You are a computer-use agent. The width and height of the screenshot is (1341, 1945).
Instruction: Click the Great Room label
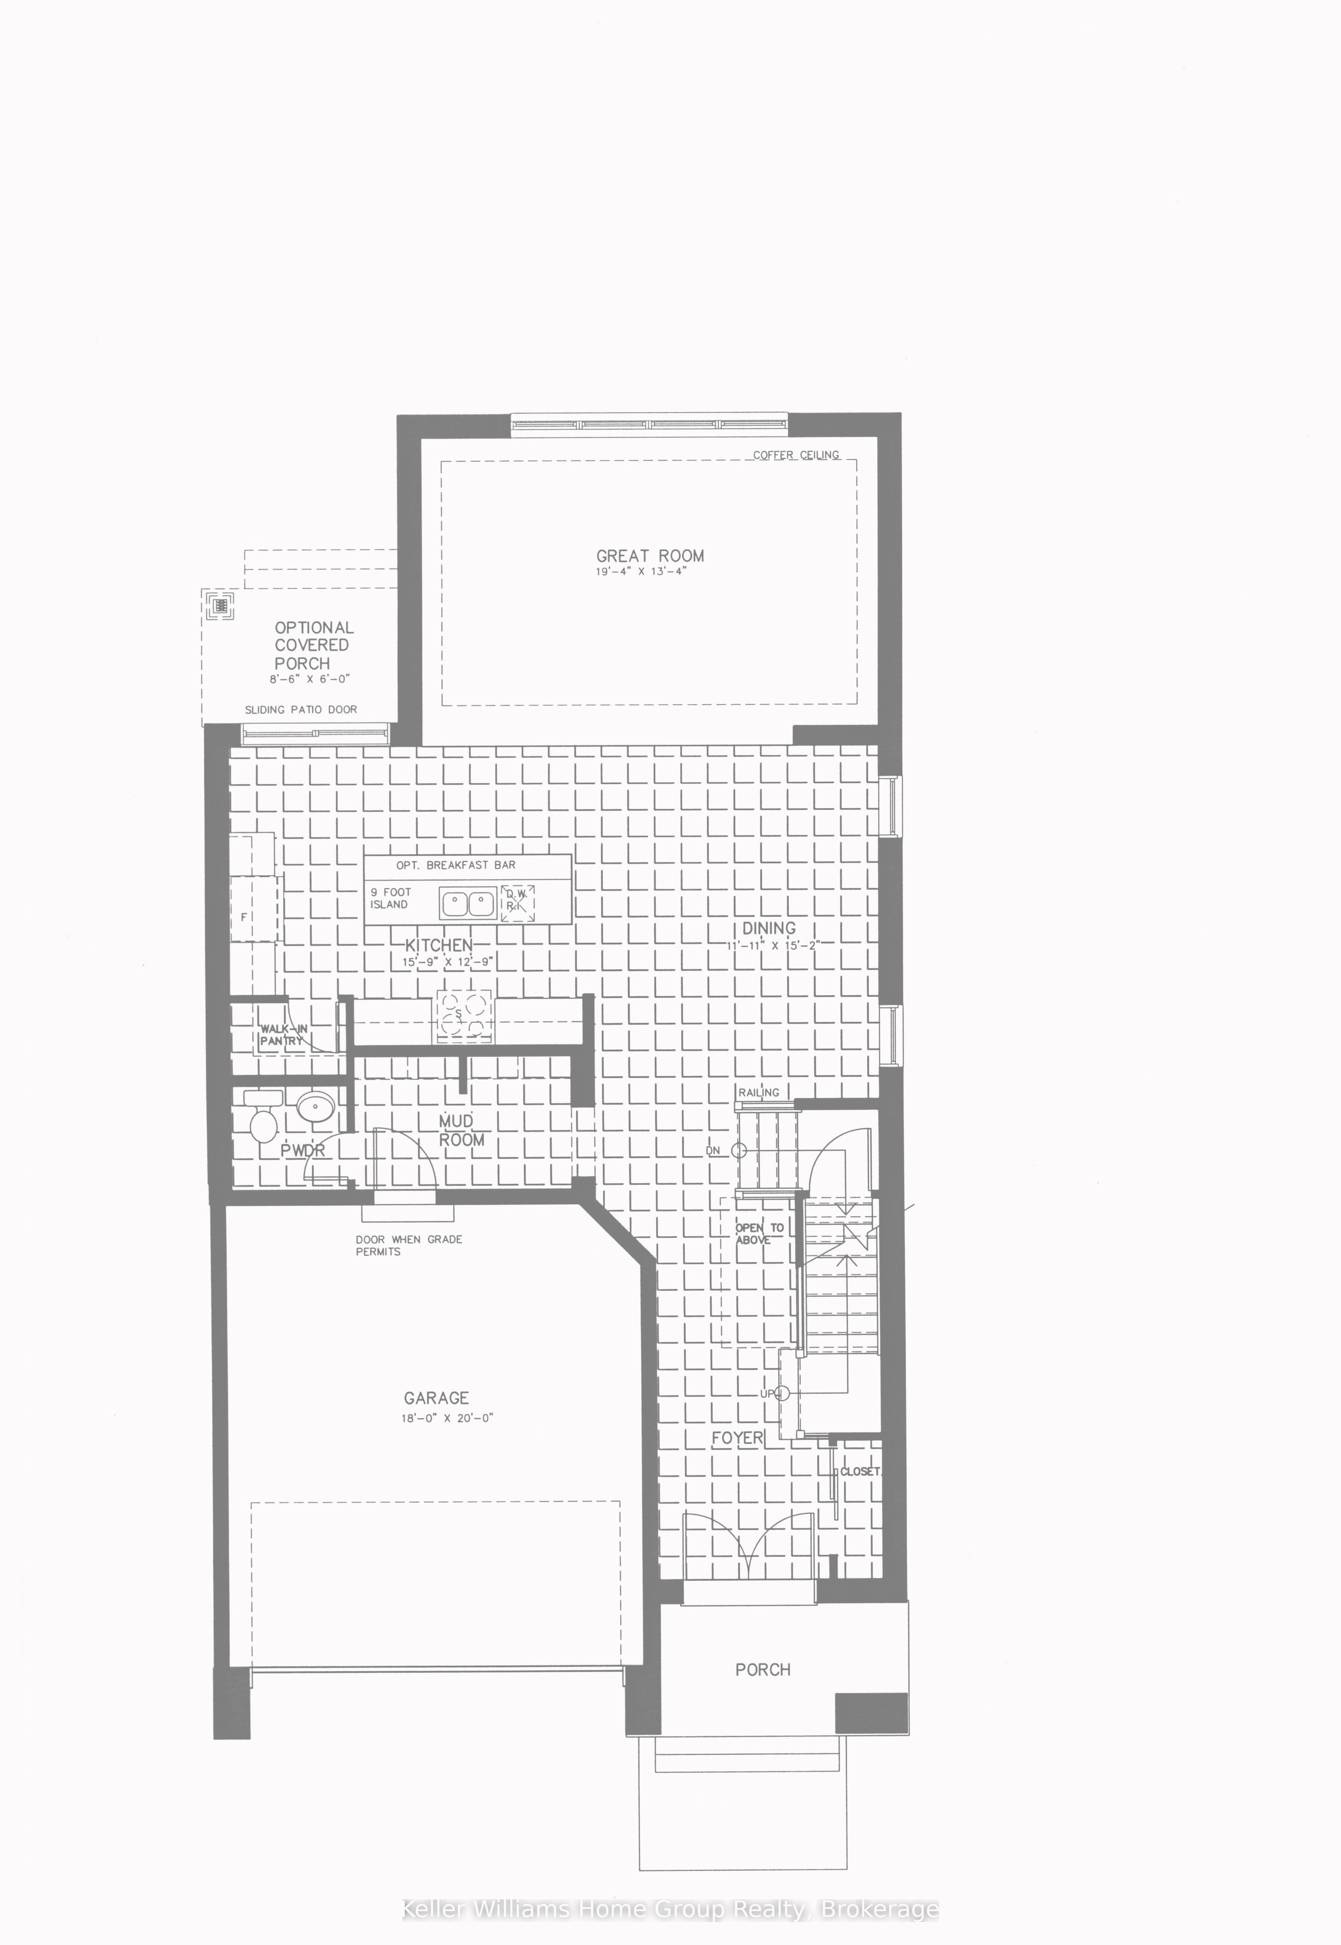click(649, 556)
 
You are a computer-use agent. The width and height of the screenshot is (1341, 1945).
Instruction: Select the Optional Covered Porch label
click(314, 645)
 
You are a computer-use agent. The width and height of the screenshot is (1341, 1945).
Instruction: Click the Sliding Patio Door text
click(301, 710)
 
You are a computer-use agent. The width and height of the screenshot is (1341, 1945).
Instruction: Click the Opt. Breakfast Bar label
click(455, 865)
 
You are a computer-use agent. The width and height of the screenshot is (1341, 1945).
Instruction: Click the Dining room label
click(768, 928)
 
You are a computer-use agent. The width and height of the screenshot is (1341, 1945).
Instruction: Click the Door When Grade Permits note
click(408, 1245)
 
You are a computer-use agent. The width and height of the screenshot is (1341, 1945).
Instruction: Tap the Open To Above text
click(759, 1234)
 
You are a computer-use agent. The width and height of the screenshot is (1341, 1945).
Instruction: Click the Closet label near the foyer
click(860, 1472)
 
